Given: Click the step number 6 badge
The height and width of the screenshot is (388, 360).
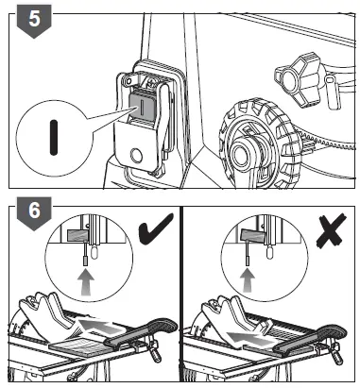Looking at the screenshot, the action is click(34, 212).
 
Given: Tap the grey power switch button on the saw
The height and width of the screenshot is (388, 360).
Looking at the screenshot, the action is click(143, 105).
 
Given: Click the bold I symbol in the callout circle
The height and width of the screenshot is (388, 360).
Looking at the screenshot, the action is click(54, 138).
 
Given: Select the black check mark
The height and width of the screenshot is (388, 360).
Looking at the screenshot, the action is click(155, 228).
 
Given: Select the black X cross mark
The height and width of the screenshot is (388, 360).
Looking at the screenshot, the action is click(331, 231).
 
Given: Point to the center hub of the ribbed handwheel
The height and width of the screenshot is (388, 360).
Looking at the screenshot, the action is click(244, 153).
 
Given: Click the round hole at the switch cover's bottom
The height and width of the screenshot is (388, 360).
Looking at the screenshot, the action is click(136, 156).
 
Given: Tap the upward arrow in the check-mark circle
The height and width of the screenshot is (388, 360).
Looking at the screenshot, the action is click(86, 283).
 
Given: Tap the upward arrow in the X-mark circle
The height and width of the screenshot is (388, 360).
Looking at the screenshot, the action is click(248, 281).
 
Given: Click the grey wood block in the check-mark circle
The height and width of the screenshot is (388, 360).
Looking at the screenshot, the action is click(77, 235).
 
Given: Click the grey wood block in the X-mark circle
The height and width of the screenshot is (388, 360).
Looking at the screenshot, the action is click(251, 234).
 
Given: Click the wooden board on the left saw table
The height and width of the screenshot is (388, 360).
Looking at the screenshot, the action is click(79, 346).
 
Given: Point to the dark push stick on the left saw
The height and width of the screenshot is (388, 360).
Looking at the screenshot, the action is click(140, 334).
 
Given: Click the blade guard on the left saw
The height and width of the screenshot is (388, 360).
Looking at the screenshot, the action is click(47, 318).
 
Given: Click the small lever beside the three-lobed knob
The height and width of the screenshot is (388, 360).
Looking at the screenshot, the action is click(333, 92).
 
